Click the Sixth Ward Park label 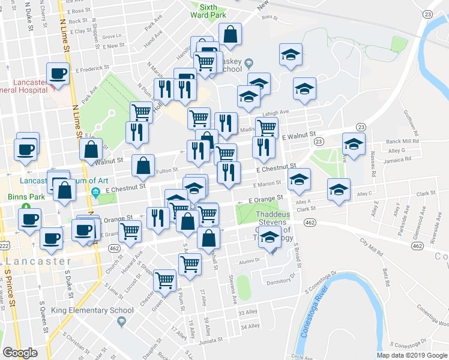point(203,10)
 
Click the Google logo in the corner point(20,353)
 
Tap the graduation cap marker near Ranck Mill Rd point(354,145)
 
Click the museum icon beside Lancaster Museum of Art point(95,192)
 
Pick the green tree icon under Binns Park point(26,206)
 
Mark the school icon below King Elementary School point(121,322)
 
